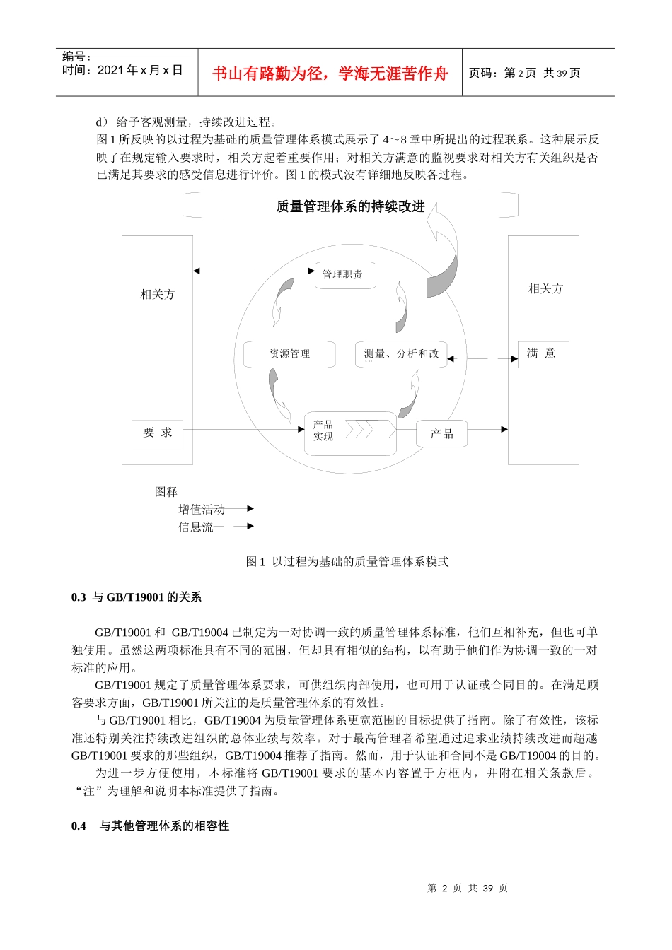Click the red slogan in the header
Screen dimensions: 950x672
click(330, 74)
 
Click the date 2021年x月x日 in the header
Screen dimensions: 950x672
click(140, 70)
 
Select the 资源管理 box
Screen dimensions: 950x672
click(289, 354)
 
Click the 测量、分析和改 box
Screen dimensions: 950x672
click(401, 354)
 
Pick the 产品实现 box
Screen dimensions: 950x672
click(349, 431)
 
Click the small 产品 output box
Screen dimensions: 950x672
click(442, 434)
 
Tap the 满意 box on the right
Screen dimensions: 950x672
click(542, 354)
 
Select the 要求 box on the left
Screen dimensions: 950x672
click(157, 433)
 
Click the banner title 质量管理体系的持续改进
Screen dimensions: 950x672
click(350, 206)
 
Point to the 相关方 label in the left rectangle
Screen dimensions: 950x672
click(158, 295)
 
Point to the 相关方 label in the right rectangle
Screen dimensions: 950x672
click(546, 289)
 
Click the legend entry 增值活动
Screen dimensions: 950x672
click(202, 510)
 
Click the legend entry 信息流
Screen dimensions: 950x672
click(196, 527)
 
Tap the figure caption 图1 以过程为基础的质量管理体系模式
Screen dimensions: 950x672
click(347, 562)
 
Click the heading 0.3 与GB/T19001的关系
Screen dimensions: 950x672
click(137, 598)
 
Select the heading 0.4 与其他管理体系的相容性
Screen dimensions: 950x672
click(150, 826)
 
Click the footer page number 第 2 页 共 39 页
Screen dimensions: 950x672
click(468, 889)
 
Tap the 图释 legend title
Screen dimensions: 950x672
click(166, 492)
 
